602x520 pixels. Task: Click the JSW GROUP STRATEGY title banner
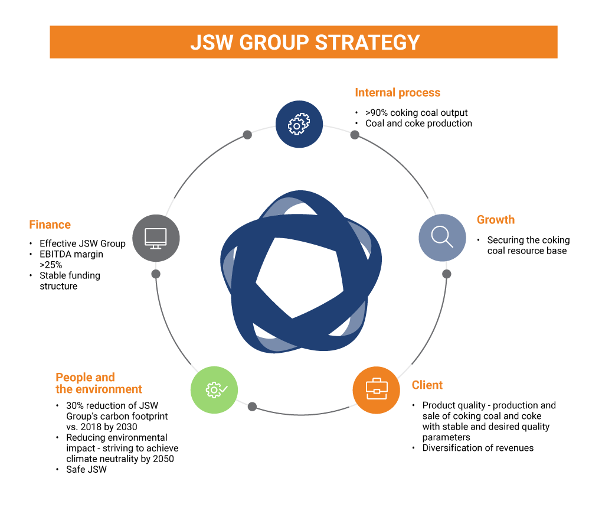[303, 42]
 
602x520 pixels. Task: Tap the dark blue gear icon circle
[299, 124]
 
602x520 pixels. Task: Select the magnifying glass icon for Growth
[442, 237]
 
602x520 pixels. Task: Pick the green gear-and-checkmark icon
[214, 389]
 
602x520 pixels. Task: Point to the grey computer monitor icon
[156, 238]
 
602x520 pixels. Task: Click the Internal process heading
[397, 93]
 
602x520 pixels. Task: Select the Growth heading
[495, 220]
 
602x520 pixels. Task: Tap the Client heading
[427, 385]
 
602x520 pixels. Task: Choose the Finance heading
[50, 225]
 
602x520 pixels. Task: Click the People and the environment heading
[99, 383]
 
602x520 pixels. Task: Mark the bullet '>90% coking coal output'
[416, 113]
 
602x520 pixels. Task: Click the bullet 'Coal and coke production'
[418, 123]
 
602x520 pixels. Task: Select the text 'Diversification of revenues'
[477, 448]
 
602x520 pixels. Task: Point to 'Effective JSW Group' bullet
[82, 243]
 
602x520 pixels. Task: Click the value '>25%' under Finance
[51, 265]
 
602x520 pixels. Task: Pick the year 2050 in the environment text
[162, 459]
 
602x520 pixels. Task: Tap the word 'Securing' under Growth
[506, 240]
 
